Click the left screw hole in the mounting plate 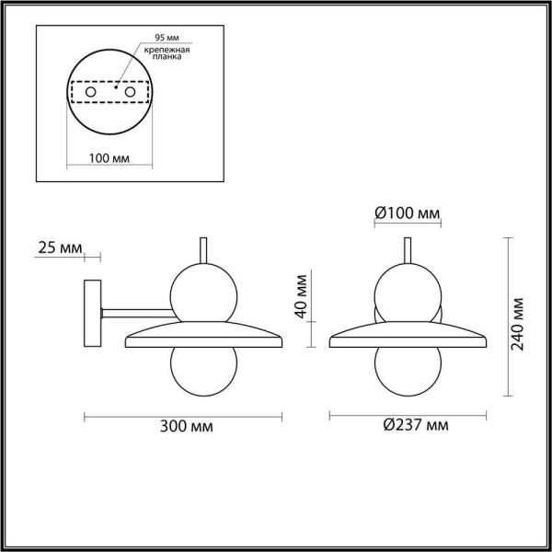[89, 93]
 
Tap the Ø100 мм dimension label [408, 214]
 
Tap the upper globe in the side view [205, 289]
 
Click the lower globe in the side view [204, 365]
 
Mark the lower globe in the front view [408, 365]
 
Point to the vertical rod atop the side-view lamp [203, 249]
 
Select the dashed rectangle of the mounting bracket [109, 93]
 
